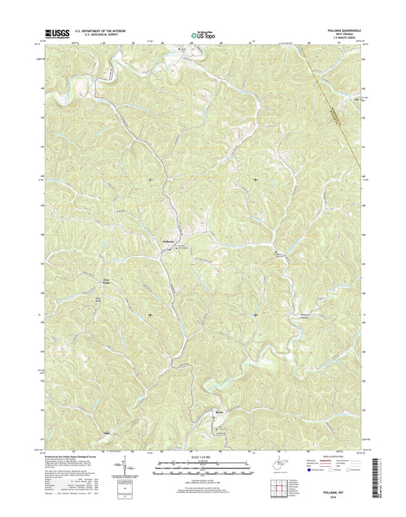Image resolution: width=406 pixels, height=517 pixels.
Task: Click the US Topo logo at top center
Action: pyautogui.click(x=203, y=34)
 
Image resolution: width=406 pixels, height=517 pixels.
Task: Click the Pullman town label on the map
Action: pyautogui.click(x=170, y=240)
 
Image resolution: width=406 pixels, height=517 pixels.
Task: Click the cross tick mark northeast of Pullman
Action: pyautogui.click(x=255, y=180)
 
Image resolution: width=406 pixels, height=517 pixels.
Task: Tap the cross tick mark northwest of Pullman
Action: pyautogui.click(x=150, y=180)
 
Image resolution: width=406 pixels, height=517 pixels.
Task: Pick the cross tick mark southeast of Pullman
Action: pyautogui.click(x=255, y=314)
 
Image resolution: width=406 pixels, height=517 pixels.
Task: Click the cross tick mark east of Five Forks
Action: pyautogui.click(x=150, y=314)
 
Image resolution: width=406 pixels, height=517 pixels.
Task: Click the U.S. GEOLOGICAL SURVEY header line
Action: pyautogui.click(x=96, y=35)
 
